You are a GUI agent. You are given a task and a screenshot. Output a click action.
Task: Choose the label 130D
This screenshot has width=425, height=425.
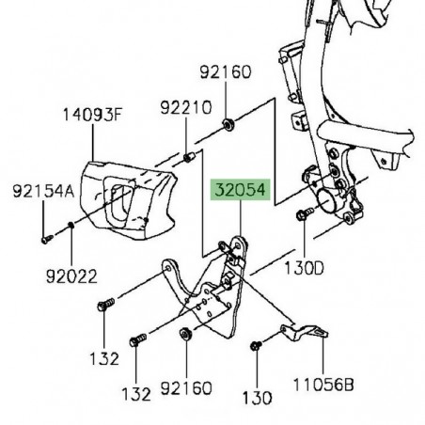click(304, 269)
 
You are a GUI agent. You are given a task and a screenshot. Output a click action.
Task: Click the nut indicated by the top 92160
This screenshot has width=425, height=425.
click(228, 124)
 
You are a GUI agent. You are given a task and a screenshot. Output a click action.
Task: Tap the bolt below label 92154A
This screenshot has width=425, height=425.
click(45, 237)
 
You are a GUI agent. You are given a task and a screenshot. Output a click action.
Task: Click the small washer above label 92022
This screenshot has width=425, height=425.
click(72, 225)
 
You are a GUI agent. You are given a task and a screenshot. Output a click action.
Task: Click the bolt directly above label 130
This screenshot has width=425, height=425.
click(256, 349)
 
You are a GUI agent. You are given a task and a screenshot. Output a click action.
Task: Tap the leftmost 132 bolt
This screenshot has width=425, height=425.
click(105, 304)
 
